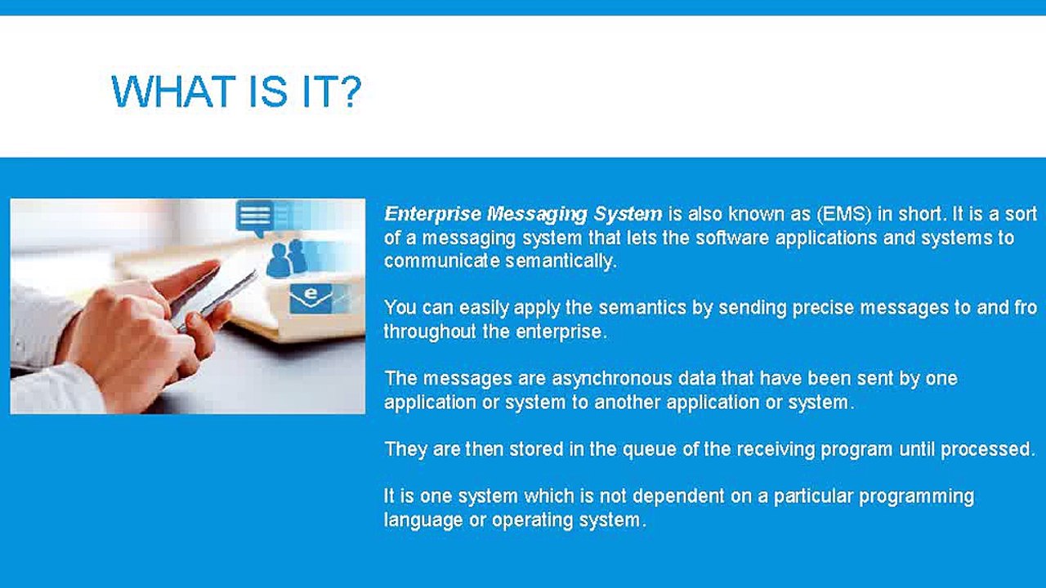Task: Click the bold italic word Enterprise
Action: pyautogui.click(x=433, y=215)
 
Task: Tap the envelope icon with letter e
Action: pyautogui.click(x=311, y=298)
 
